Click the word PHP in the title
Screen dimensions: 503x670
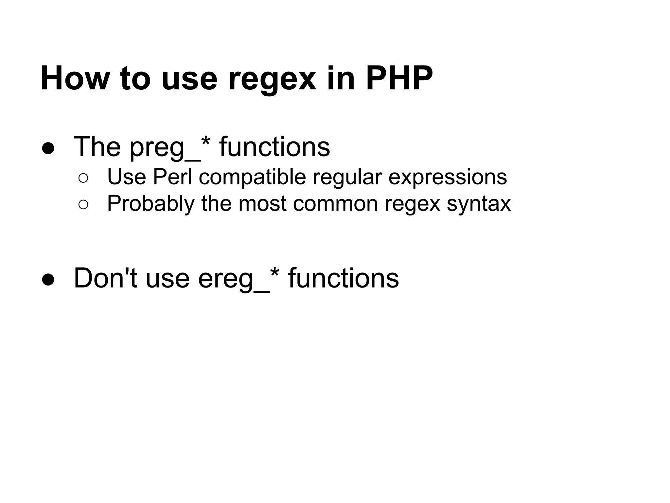pyautogui.click(x=399, y=79)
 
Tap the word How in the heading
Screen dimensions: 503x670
pyautogui.click(x=76, y=79)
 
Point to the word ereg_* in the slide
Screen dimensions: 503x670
pyautogui.click(x=238, y=279)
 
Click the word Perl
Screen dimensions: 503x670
pyautogui.click(x=172, y=177)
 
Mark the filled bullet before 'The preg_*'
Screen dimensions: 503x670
pyautogui.click(x=48, y=148)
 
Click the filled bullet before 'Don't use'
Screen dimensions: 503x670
pyautogui.click(x=48, y=279)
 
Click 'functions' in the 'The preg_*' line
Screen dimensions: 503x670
pyautogui.click(x=274, y=147)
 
